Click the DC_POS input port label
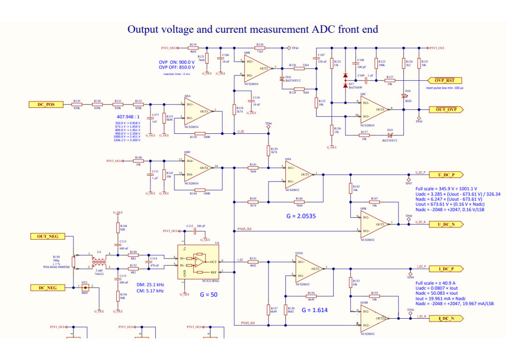pyautogui.click(x=46, y=104)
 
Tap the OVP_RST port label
pyautogui.click(x=444, y=80)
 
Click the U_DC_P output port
pyautogui.click(x=446, y=175)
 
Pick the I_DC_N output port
pyautogui.click(x=446, y=318)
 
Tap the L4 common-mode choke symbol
pyautogui.click(x=99, y=261)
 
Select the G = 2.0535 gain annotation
pyautogui.click(x=301, y=216)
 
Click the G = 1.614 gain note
pyautogui.click(x=315, y=310)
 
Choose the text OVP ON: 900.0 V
pyautogui.click(x=177, y=62)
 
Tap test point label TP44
pyautogui.click(x=295, y=48)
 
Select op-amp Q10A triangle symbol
pyautogui.click(x=308, y=268)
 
